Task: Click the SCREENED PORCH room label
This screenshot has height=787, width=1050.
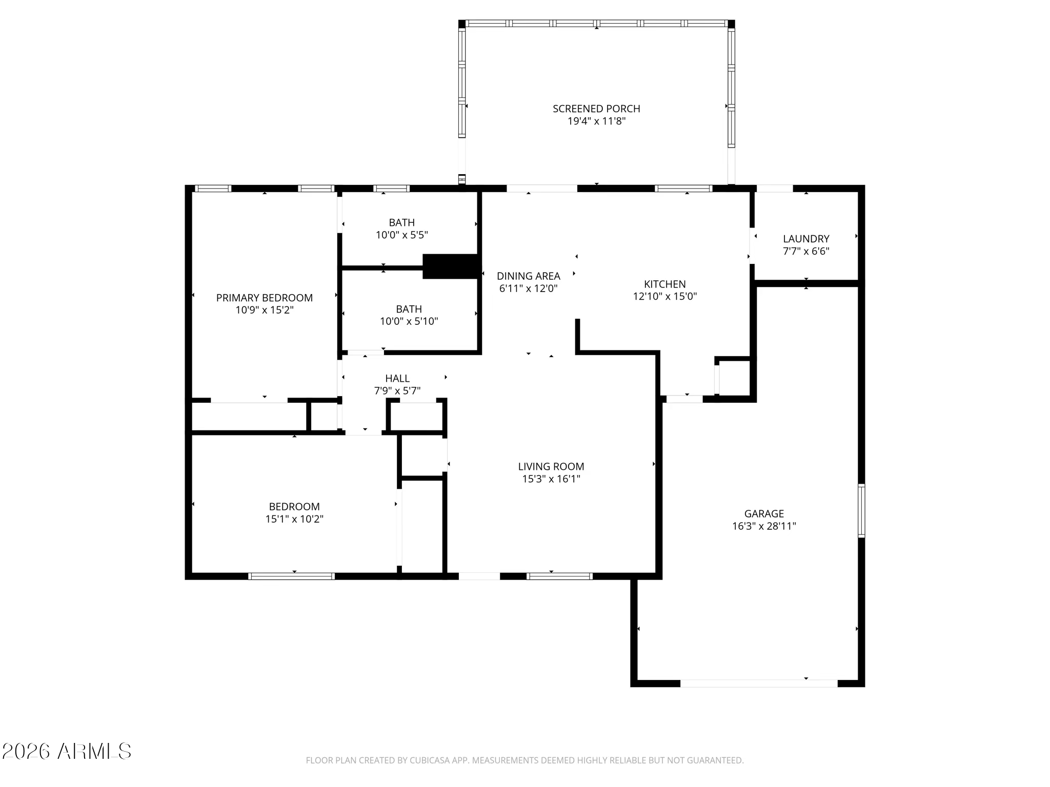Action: [596, 109]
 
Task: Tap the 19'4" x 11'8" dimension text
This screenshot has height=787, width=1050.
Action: [596, 121]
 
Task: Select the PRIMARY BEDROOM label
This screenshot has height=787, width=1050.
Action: [264, 298]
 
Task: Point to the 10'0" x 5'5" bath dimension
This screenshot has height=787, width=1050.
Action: [401, 235]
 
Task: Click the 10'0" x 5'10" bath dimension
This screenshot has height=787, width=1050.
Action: [409, 322]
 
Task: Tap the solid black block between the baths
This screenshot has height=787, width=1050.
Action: [452, 266]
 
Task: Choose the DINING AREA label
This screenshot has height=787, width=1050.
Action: [528, 276]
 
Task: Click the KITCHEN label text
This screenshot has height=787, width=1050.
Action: [664, 284]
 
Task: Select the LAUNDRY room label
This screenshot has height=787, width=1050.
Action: [806, 239]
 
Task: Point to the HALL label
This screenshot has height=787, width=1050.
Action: [397, 378]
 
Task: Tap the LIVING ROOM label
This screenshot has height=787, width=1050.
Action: [551, 466]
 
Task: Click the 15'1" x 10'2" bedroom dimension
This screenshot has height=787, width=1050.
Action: [294, 519]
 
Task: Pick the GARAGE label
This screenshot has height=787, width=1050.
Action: [764, 513]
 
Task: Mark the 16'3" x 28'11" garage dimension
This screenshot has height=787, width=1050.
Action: [764, 526]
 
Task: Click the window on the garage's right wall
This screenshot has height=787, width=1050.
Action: [861, 511]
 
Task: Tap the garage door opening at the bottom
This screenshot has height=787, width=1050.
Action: [759, 684]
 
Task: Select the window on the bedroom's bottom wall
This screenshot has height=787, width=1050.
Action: [292, 576]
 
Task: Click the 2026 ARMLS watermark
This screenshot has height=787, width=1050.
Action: [67, 752]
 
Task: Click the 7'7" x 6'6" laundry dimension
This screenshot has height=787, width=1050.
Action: [806, 252]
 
